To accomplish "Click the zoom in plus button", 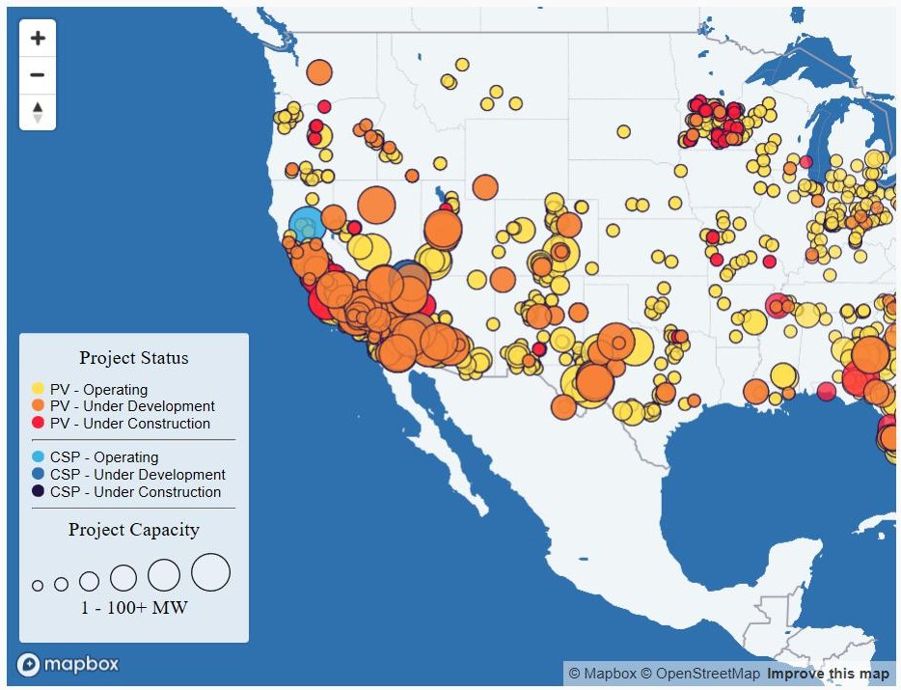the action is (x=38, y=39).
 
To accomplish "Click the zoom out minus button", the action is (x=38, y=74).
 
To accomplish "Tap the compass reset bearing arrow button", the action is (x=38, y=112).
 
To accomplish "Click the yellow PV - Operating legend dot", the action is (x=38, y=389).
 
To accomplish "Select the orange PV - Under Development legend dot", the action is (x=38, y=406).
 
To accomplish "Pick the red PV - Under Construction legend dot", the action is (x=38, y=423).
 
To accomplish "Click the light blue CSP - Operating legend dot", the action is (x=38, y=457).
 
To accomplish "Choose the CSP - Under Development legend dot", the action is (x=38, y=474).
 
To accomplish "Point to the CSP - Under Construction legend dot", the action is (x=38, y=491).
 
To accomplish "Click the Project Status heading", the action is (x=134, y=358).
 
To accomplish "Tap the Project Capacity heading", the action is (x=134, y=530).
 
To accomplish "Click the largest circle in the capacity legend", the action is (x=211, y=572).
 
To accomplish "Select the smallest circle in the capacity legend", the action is (x=38, y=586).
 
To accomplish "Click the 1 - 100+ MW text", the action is (x=134, y=608).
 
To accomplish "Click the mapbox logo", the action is (x=68, y=665).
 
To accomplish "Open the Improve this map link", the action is (x=828, y=674).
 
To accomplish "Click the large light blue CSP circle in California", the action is (x=306, y=224).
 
